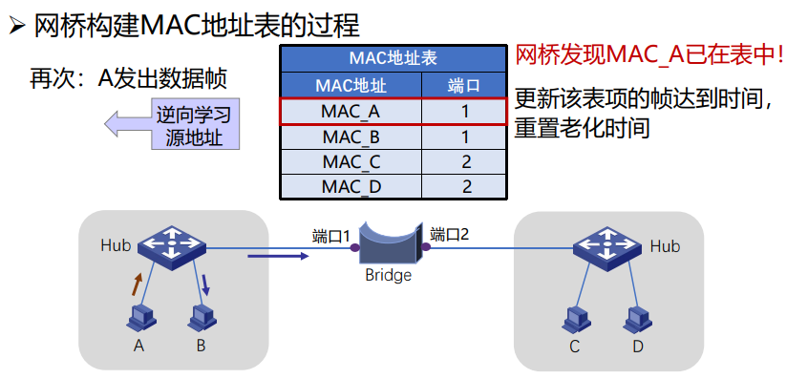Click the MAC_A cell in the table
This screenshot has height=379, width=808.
coord(351,112)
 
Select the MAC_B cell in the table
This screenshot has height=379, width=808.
coord(351,137)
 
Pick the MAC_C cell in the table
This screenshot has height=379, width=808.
coord(351,161)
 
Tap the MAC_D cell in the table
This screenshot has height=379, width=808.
coord(351,186)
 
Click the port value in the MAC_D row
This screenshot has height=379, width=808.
coord(466,186)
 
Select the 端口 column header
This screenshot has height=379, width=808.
coord(464,86)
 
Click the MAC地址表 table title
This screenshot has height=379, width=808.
coord(393,58)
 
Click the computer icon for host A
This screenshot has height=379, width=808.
coord(140,319)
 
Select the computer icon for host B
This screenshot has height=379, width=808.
coord(201,319)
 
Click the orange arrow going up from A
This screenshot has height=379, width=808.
coord(137,284)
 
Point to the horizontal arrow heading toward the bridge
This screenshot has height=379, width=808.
coord(278,256)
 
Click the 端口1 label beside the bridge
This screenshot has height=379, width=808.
coord(331,237)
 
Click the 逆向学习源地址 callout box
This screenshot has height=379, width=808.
coord(194,124)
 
